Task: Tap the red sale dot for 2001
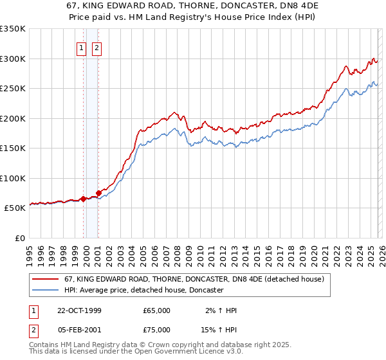[x=98, y=193]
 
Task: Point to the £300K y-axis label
[x=13, y=59]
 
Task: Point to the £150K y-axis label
[x=13, y=148]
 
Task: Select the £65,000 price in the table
[x=157, y=310]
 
